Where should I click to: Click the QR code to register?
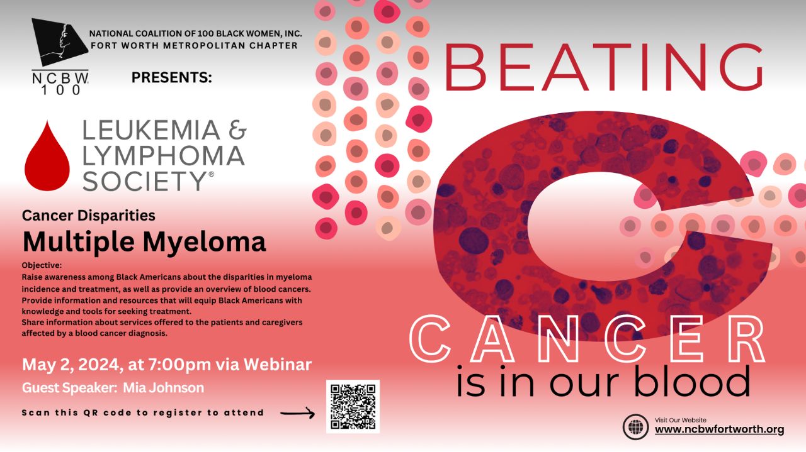353,406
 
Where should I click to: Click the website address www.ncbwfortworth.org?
719,430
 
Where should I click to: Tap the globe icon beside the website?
635,427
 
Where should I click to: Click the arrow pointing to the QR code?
297,413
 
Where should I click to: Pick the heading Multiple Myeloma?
144,241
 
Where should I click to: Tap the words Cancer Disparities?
89,216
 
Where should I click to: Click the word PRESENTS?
172,78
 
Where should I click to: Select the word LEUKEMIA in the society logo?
151,130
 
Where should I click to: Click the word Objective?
42,265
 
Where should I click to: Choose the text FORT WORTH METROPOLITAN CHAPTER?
194,45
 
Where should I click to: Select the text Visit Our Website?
681,420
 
